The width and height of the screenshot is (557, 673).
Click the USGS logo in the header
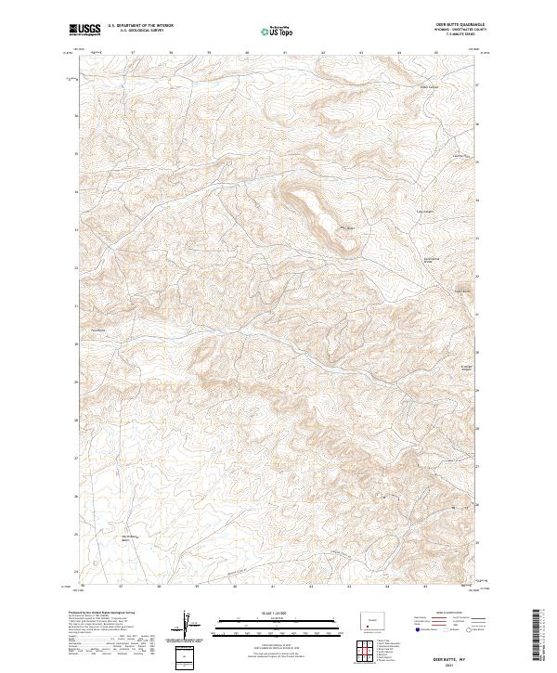point(84,30)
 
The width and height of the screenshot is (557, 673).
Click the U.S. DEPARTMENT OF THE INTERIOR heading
point(136,27)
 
